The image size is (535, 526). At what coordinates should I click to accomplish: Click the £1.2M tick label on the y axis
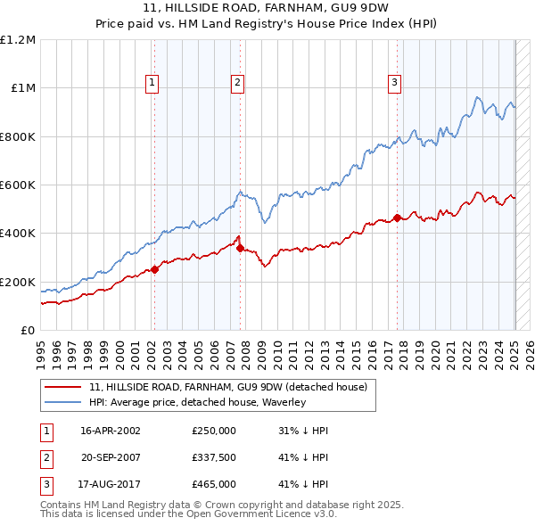click(x=18, y=40)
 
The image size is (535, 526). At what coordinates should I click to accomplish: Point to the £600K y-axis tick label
click(x=18, y=185)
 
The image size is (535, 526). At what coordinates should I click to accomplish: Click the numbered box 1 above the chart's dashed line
click(x=152, y=83)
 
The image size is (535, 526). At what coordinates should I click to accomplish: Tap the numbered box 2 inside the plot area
click(x=238, y=83)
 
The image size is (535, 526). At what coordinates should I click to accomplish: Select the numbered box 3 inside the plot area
click(x=394, y=83)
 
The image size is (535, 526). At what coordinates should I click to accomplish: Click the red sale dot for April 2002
click(x=154, y=269)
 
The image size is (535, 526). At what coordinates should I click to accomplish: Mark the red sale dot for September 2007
click(x=240, y=248)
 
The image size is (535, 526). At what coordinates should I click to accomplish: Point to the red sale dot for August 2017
click(x=397, y=218)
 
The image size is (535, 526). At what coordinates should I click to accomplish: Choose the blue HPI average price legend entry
click(x=197, y=403)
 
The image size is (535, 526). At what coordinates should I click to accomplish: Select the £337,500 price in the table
click(x=214, y=457)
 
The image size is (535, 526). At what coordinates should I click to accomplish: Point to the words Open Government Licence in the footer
click(x=259, y=514)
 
